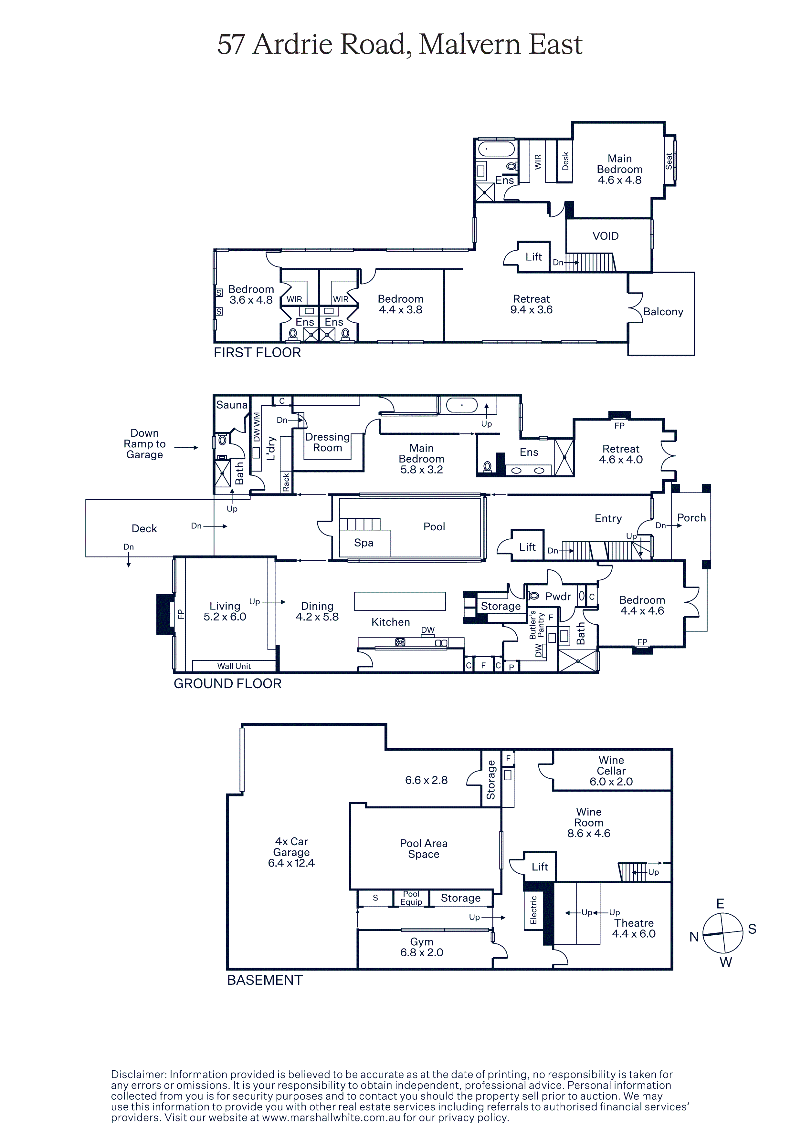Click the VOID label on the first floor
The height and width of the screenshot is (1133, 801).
[605, 236]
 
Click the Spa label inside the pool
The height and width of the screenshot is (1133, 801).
[364, 543]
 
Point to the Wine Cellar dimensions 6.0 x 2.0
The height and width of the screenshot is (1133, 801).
[611, 781]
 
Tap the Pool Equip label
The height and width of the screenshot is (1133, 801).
[411, 898]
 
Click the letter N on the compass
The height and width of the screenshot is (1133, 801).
[694, 937]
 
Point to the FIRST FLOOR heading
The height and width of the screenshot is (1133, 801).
[257, 352]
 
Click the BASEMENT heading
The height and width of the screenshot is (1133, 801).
[265, 980]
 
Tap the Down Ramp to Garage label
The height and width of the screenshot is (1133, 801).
[145, 444]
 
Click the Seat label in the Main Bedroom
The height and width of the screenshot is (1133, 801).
[669, 161]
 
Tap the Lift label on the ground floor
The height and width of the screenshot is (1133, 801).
[527, 547]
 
